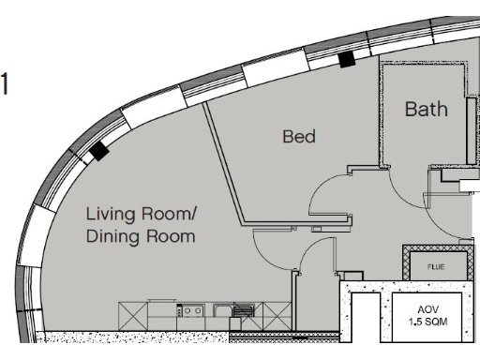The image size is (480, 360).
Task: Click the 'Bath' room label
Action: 426,109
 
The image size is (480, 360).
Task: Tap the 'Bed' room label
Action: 299,137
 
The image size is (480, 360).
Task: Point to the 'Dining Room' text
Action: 141,236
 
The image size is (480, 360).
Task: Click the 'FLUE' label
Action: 437,265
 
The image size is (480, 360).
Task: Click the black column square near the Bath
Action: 346,59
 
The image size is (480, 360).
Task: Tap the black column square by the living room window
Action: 98,150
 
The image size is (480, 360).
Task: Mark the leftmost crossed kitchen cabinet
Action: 133,311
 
